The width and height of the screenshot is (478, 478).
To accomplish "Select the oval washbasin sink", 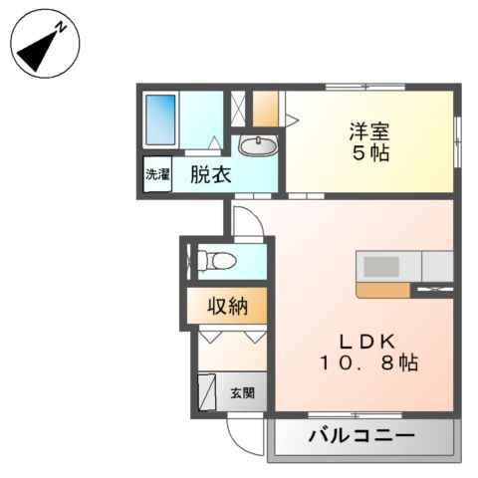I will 262,146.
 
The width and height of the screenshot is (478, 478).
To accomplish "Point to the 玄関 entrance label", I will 242,392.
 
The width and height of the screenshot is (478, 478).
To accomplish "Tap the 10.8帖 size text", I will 368,364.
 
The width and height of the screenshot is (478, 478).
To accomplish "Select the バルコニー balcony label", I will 361,435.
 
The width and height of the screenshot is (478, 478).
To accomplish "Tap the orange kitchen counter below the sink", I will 380,290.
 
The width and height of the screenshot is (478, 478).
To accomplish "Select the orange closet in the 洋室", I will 266,108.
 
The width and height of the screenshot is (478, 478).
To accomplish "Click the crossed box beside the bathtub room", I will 238,108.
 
